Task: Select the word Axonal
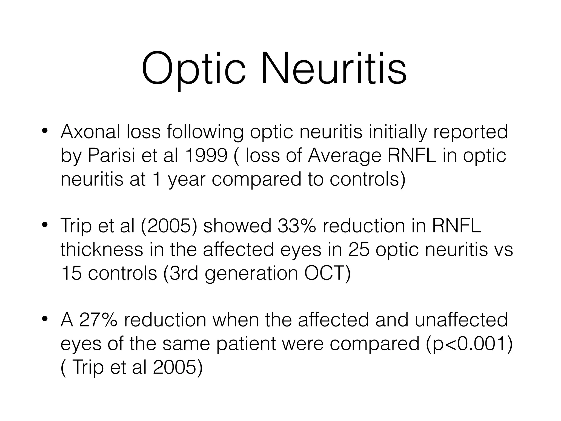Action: pos(90,132)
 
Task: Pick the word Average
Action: pos(344,156)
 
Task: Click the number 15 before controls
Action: pos(71,273)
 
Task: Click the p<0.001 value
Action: pos(469,344)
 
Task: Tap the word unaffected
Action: pos(461,320)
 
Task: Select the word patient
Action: pos(246,344)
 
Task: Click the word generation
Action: pos(251,273)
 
